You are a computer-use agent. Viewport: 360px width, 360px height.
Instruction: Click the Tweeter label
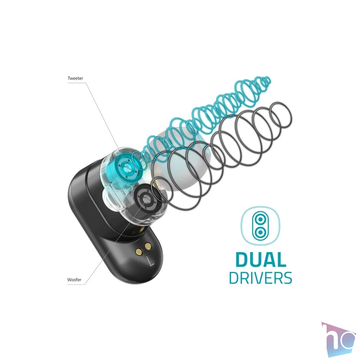pos(75,78)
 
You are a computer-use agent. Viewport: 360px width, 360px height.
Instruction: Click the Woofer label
pos(74,279)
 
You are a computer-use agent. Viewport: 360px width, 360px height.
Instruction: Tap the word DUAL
pos(261,260)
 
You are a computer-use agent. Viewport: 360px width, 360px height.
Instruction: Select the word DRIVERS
pos(261,278)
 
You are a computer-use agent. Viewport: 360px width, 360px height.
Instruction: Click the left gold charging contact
pos(139,252)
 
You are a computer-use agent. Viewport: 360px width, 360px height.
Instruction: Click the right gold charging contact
pos(148,247)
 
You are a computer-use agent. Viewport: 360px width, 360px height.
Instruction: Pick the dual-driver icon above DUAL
pos(261,226)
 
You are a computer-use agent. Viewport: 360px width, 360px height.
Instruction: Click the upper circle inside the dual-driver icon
pos(260,220)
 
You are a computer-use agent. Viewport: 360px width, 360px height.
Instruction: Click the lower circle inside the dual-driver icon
pos(260,232)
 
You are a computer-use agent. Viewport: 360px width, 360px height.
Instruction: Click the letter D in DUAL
pos(242,260)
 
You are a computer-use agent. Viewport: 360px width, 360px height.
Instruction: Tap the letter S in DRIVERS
pos(287,278)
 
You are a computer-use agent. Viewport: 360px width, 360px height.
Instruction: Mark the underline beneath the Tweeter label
pos(76,83)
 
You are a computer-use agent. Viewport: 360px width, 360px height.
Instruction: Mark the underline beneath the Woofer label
pos(76,284)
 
